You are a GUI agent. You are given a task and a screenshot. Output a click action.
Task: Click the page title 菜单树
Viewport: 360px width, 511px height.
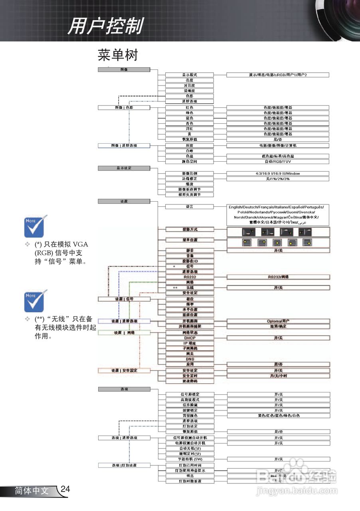point(118,55)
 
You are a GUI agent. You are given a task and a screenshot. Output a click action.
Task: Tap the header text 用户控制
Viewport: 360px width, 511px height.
point(105,27)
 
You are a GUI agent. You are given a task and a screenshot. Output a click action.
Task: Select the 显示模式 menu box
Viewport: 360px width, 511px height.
point(190,75)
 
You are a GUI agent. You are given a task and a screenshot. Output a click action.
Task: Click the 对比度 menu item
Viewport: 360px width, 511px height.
point(190,85)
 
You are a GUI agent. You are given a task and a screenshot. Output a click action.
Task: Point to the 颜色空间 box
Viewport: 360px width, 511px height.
point(190,162)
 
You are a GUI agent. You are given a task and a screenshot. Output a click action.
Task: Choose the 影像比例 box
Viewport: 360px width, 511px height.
point(190,173)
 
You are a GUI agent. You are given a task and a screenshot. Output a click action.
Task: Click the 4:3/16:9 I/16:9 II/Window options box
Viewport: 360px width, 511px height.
point(278,173)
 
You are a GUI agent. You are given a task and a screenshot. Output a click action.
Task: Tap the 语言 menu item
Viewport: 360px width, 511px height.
point(190,206)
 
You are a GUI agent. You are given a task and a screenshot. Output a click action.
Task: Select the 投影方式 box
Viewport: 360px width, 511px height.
point(190,230)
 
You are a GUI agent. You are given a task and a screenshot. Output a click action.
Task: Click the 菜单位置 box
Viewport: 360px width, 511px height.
point(190,240)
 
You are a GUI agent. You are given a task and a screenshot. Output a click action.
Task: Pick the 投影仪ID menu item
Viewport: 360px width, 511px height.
point(190,261)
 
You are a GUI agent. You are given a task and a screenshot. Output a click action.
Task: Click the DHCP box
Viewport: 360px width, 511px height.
point(190,338)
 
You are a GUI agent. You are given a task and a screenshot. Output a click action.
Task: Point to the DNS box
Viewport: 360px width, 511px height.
point(190,359)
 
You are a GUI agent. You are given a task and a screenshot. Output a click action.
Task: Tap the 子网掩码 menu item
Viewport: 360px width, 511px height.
point(190,349)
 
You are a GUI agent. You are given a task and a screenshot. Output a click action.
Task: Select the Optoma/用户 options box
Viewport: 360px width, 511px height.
point(278,321)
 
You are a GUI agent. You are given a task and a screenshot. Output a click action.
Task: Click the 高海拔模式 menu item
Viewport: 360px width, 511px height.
point(190,400)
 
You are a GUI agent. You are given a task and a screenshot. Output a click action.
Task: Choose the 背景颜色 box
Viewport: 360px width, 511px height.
point(190,416)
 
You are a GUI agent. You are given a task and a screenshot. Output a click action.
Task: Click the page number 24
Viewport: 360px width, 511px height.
point(65,489)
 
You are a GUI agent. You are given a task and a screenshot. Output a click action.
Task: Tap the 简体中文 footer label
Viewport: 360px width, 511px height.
point(32,491)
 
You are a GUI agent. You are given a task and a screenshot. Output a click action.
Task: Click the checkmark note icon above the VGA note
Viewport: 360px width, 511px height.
point(35,226)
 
